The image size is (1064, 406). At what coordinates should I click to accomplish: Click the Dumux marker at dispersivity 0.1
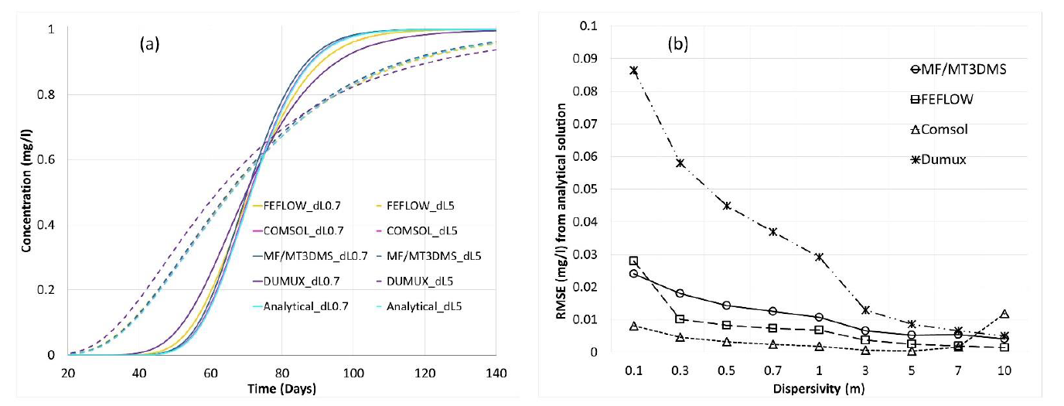point(633,70)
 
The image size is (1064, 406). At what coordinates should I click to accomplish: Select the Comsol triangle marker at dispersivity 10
point(1004,314)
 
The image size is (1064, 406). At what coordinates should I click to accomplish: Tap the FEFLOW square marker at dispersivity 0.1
point(633,261)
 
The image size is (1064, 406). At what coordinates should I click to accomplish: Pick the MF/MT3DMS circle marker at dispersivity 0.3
point(680,293)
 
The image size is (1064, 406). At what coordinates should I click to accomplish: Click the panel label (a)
point(149,44)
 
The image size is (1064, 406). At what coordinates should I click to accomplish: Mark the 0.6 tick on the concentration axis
point(50,160)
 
